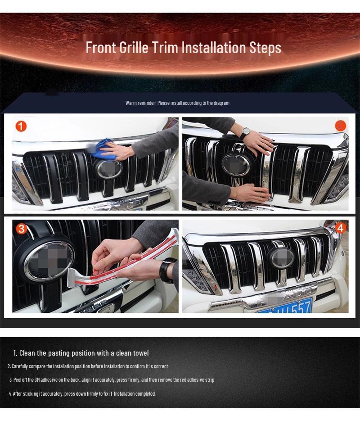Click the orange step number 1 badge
21,126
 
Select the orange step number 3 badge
21,229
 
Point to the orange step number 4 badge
340,228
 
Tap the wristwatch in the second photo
244,133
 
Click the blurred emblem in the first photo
108,169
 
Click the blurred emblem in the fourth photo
281,258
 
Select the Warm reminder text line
177,103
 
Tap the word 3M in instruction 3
37,380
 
